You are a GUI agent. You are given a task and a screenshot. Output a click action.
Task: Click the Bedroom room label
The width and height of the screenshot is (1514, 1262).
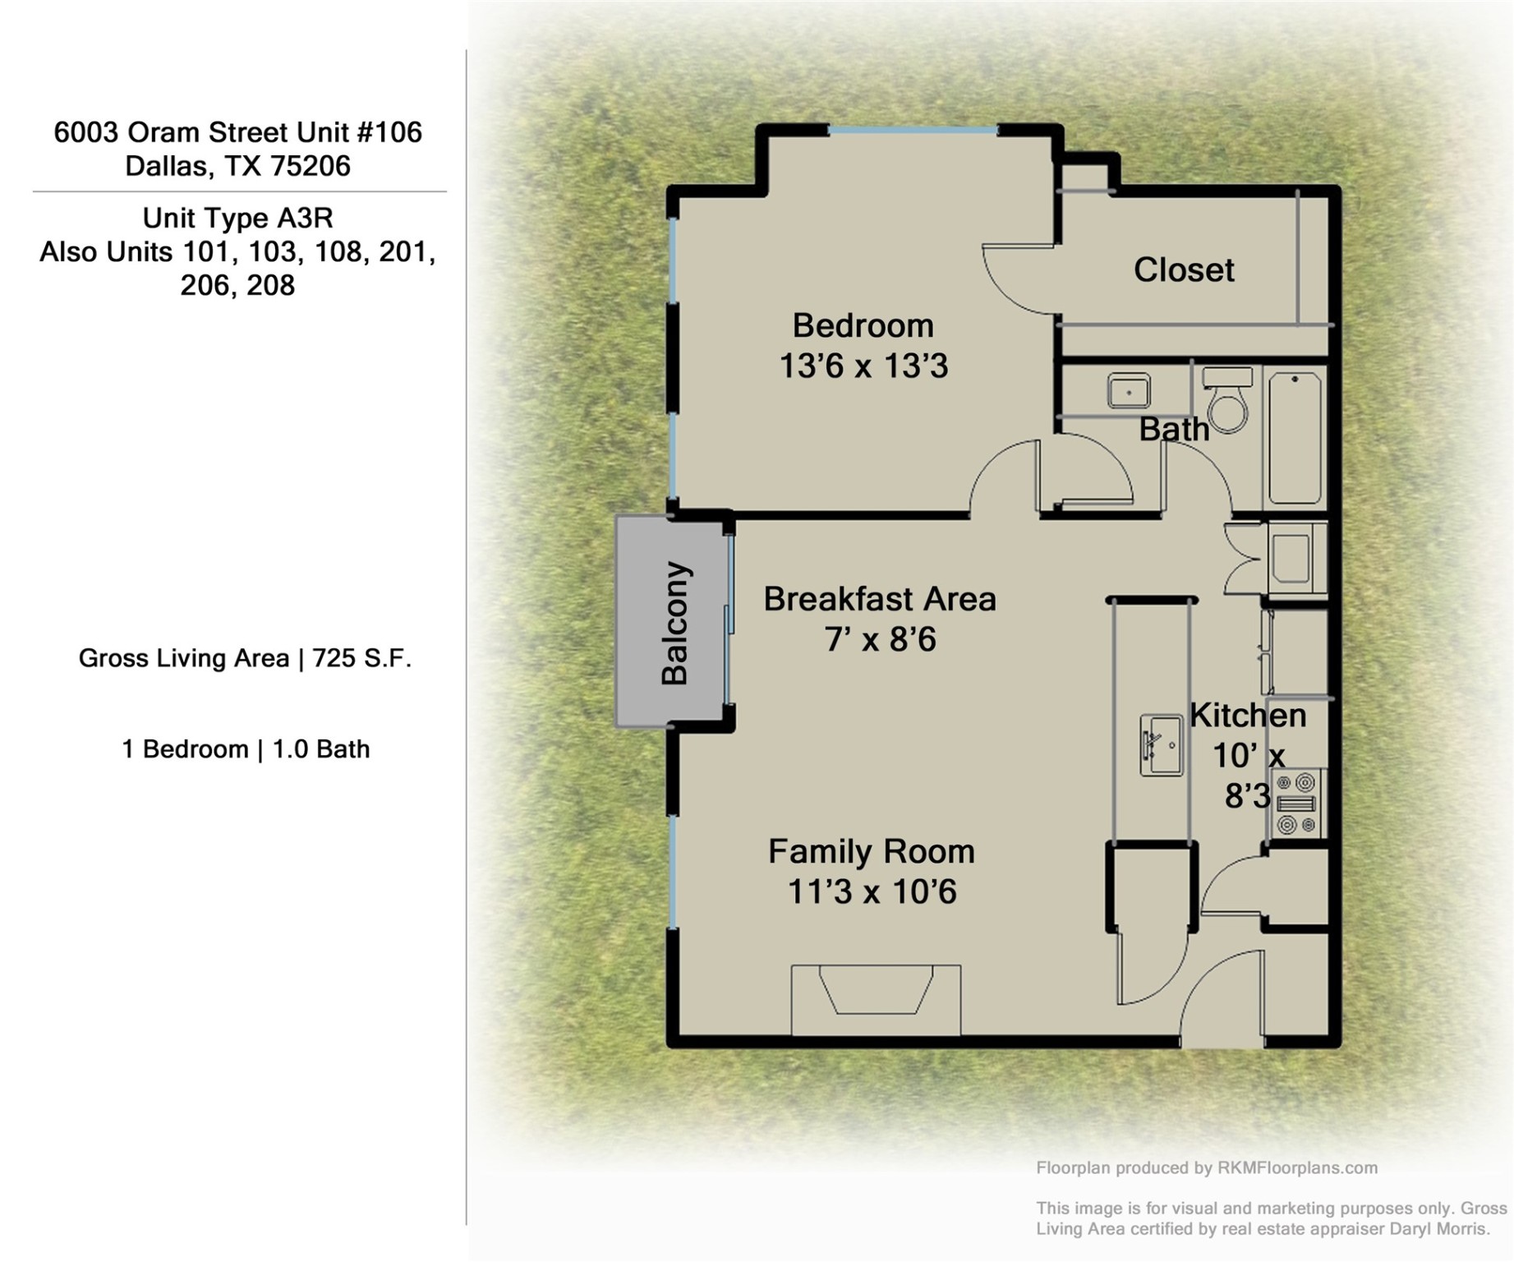(x=863, y=326)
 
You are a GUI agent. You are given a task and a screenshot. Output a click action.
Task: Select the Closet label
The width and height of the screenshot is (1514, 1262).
(x=1183, y=270)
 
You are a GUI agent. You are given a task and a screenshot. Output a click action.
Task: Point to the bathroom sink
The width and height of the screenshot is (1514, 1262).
(x=1128, y=391)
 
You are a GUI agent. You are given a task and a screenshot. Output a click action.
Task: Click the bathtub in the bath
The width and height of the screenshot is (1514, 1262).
(x=1295, y=438)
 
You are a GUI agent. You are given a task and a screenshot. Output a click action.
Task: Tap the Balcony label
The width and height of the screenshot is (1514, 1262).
(x=675, y=623)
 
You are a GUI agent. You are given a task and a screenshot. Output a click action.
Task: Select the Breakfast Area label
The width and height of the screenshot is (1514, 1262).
(x=879, y=599)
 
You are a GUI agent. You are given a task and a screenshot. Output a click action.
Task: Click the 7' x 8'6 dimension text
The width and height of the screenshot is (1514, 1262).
(x=880, y=639)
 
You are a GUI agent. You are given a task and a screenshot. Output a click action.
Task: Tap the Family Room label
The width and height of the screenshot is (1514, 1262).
(x=871, y=851)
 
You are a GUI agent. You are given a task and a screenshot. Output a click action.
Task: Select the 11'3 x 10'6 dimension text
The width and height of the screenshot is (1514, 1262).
(x=872, y=891)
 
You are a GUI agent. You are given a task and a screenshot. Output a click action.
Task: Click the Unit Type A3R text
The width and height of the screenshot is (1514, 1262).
(x=237, y=219)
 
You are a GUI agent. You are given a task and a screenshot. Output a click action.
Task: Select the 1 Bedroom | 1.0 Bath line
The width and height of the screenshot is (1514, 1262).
(x=246, y=749)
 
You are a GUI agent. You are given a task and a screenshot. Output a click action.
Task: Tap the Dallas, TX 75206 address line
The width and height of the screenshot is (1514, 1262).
(x=237, y=166)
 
